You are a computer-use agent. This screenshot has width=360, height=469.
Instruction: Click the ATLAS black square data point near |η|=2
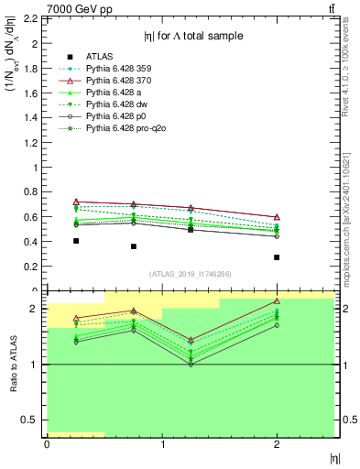277,257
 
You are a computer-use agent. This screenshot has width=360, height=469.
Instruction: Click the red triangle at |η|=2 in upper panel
277,217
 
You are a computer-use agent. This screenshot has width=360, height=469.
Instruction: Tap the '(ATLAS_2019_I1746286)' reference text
191,274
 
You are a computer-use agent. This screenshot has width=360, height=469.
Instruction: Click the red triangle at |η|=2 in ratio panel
277,301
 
